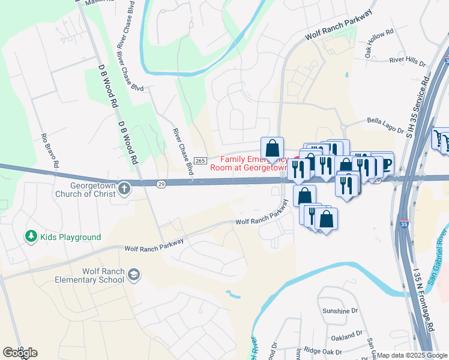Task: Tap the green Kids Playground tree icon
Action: (31, 236)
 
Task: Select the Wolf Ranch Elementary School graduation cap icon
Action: (134, 275)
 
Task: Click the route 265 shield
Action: (200, 160)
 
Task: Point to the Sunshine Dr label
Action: (340, 311)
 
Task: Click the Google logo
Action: (20, 353)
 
